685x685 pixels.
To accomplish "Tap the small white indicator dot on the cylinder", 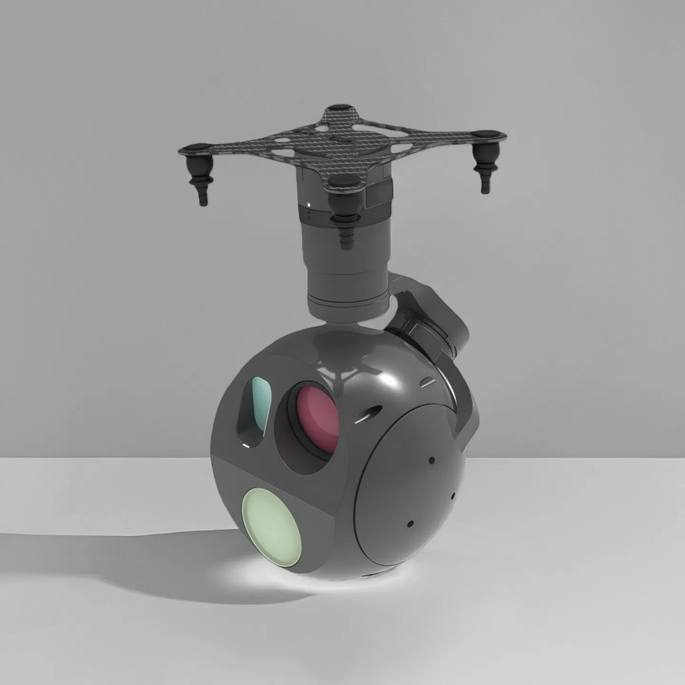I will (310, 205).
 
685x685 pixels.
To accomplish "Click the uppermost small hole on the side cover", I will (431, 460).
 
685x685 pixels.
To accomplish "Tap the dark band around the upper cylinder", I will (333, 215).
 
